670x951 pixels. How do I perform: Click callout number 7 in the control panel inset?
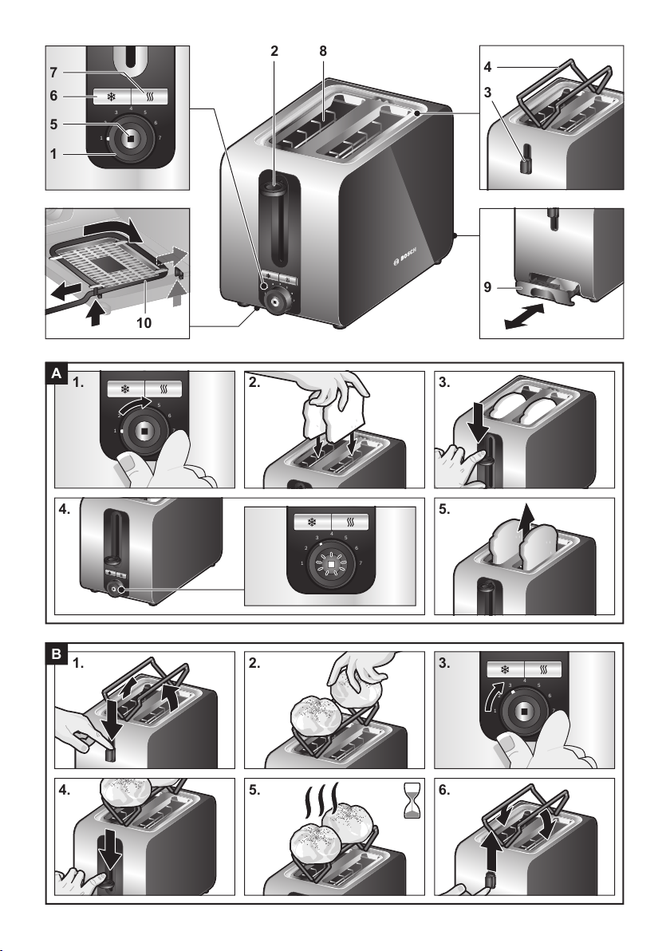pos(53,73)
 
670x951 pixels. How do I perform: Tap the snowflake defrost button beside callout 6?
pos(112,97)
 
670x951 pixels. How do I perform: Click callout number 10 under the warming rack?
pos(144,322)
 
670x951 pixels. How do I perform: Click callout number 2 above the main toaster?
pos(274,52)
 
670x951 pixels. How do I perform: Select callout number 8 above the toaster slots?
pos(322,52)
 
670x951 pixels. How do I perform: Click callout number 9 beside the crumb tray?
pos(487,287)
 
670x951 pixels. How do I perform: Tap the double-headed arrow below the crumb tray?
pos(524,317)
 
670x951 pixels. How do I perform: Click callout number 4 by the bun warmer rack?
pos(487,67)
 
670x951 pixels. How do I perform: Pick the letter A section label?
pos(57,374)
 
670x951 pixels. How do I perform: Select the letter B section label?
pos(57,655)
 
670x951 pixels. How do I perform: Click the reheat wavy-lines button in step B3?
pos(542,670)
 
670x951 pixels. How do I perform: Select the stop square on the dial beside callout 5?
pos(130,138)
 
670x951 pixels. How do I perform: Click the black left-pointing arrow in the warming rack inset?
pos(65,294)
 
